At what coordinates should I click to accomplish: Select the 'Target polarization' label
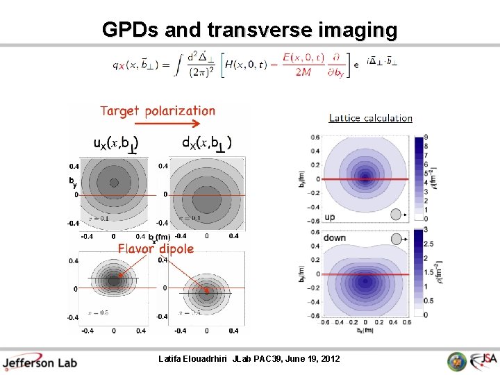pos(158,111)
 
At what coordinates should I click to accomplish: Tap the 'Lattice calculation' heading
pos(370,118)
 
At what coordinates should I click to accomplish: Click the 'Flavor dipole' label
pos(156,248)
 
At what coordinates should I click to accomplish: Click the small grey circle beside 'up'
pos(396,214)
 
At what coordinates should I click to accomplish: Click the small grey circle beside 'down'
pos(396,239)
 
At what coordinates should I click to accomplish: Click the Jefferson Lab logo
pos(40,362)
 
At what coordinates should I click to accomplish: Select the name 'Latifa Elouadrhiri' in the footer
pos(198,359)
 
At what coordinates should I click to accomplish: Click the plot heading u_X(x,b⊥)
pos(116,143)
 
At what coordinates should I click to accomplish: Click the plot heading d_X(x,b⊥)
pos(206,143)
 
